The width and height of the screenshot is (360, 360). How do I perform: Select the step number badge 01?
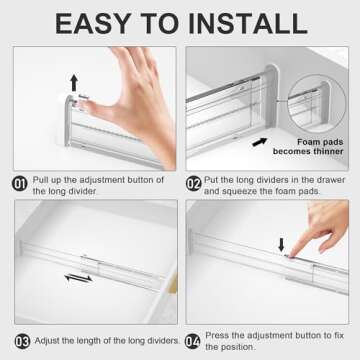coord(21,184)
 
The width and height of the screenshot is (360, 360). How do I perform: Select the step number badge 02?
coord(194,184)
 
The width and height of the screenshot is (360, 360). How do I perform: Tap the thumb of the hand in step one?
coord(80,100)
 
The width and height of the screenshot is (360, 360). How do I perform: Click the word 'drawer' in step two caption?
coord(322,178)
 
